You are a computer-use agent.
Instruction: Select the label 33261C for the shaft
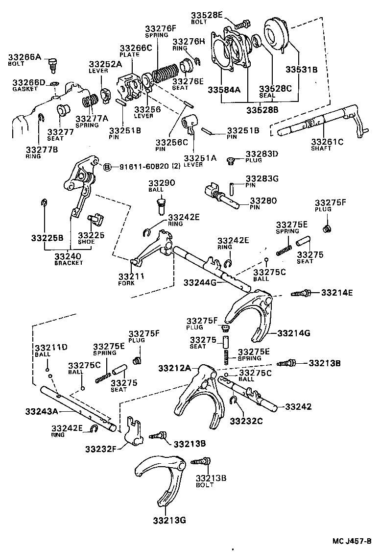pyautogui.click(x=327, y=142)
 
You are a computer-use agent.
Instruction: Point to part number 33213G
pyautogui.click(x=169, y=520)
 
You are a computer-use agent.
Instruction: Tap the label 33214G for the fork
pyautogui.click(x=294, y=333)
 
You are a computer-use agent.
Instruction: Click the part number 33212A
pyautogui.click(x=175, y=368)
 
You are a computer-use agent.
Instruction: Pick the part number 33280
pyautogui.click(x=263, y=201)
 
